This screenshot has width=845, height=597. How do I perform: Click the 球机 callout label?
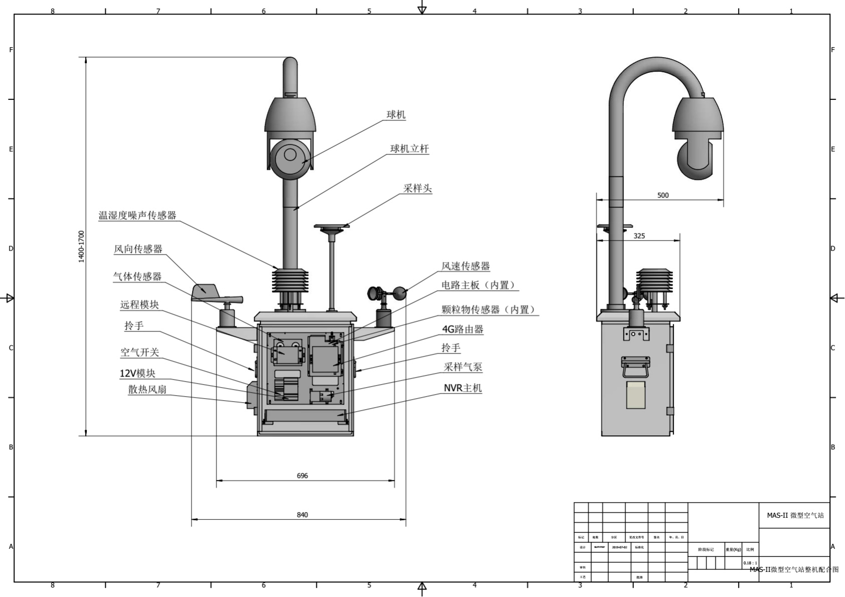(x=396, y=114)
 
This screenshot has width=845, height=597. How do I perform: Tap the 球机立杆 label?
(x=409, y=149)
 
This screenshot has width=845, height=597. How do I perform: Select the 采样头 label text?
(x=417, y=188)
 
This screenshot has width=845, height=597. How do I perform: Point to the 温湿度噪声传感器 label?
(x=137, y=215)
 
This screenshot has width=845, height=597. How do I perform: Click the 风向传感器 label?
(x=138, y=249)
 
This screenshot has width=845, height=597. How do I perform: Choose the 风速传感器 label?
(x=465, y=266)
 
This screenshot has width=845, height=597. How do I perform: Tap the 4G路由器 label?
(x=462, y=329)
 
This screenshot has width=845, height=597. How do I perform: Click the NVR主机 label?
(x=462, y=388)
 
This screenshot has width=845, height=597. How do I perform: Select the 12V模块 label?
(x=137, y=373)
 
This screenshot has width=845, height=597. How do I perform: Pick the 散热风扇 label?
(x=147, y=389)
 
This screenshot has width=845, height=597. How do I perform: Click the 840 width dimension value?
(x=302, y=515)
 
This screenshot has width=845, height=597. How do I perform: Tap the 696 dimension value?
(x=302, y=475)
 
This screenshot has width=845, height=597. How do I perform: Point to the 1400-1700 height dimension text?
(x=82, y=247)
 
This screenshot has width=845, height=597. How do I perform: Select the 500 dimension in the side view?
(x=663, y=195)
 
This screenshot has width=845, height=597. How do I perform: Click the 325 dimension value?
(x=639, y=235)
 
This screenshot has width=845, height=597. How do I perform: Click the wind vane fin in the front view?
(x=206, y=291)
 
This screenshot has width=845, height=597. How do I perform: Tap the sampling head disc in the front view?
(x=331, y=227)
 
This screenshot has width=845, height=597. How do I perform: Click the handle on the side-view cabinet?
(x=635, y=367)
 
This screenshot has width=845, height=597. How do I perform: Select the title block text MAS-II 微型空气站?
(x=795, y=515)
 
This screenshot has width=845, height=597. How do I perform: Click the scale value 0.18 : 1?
(x=750, y=563)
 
